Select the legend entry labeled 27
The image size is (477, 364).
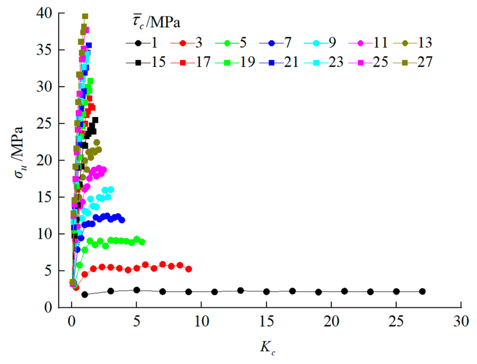tap(413, 62)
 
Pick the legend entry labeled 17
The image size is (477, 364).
tap(191, 62)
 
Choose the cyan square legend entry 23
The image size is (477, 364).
tap(324, 62)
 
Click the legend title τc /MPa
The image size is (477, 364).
tap(156, 22)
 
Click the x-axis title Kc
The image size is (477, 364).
tap(267, 348)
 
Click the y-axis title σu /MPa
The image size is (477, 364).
tap(19, 153)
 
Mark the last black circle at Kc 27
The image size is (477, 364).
tap(422, 291)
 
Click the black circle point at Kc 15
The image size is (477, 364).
tap(266, 291)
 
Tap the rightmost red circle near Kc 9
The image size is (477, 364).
tap(189, 269)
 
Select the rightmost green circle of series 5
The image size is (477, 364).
tap(142, 242)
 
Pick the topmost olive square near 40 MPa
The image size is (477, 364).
tap(85, 16)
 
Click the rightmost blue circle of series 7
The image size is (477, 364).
tap(122, 220)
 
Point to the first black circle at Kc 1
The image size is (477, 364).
tap(85, 295)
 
